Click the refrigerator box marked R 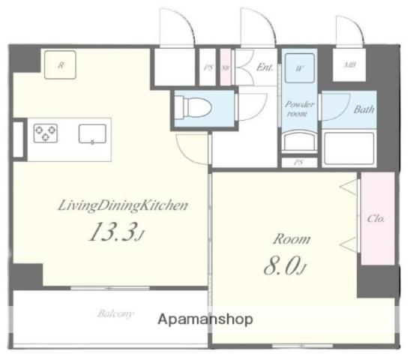pyautogui.click(x=61, y=65)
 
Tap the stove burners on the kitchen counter pyautogui.click(x=46, y=133)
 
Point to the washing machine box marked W pyautogui.click(x=299, y=67)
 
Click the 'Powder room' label pyautogui.click(x=299, y=109)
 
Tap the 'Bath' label pyautogui.click(x=364, y=109)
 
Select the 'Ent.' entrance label pyautogui.click(x=264, y=66)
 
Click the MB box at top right pyautogui.click(x=349, y=66)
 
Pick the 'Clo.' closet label pyautogui.click(x=376, y=219)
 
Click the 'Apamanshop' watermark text pyautogui.click(x=205, y=319)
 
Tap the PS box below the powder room pyautogui.click(x=299, y=162)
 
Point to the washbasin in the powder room pyautogui.click(x=299, y=140)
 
